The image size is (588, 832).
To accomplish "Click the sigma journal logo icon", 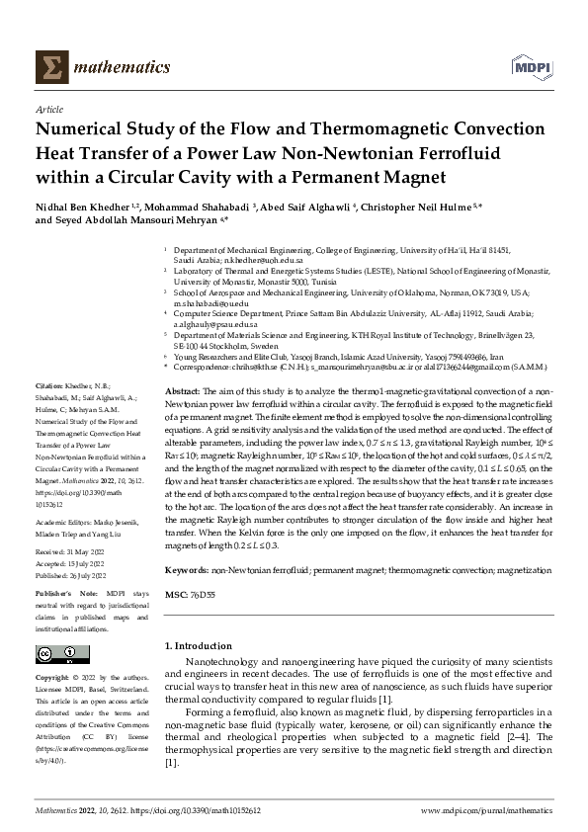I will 50,67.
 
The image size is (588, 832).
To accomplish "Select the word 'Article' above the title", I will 48,112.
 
